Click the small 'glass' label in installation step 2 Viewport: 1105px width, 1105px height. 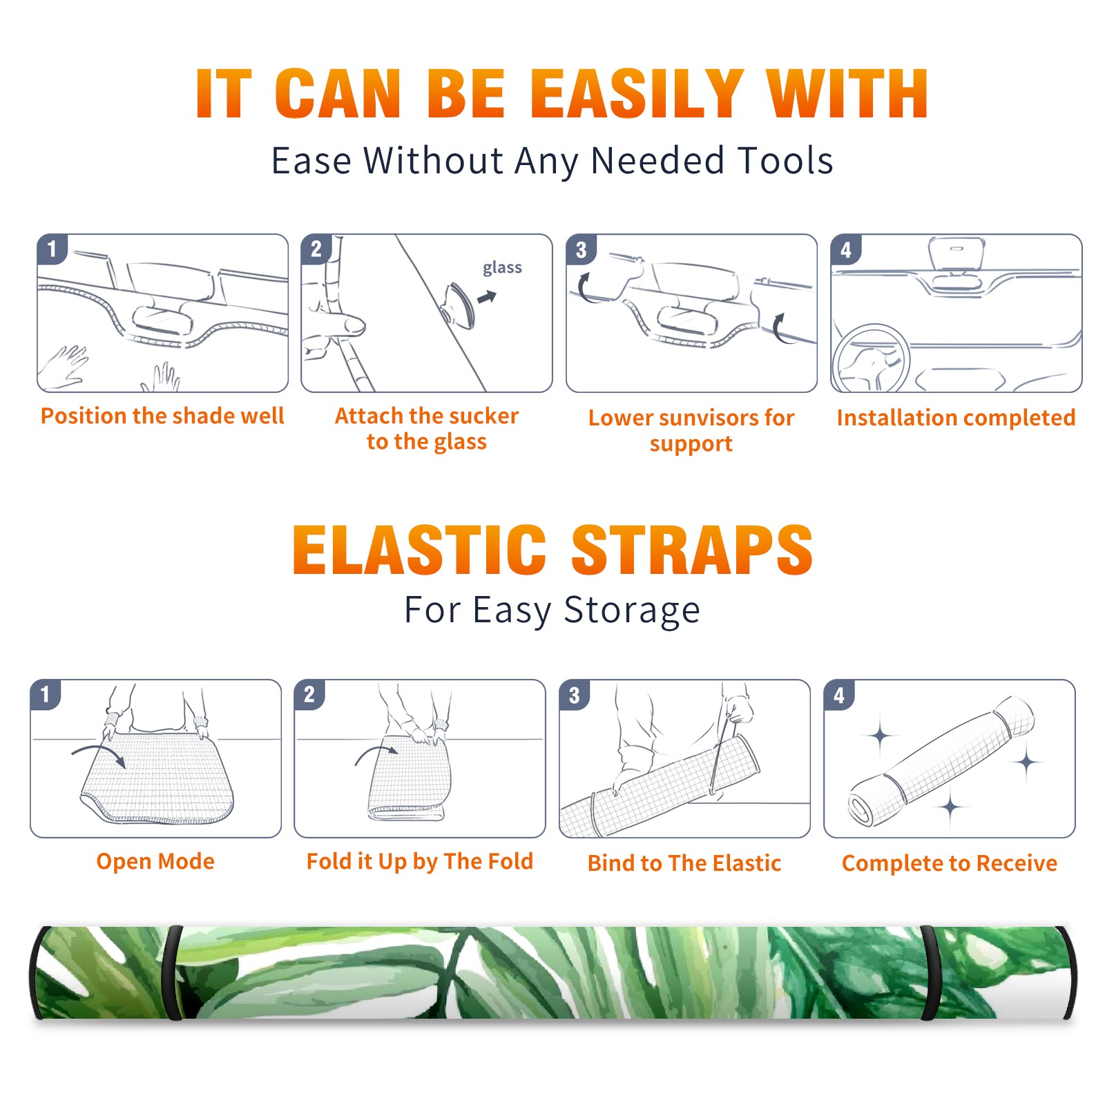pyautogui.click(x=502, y=268)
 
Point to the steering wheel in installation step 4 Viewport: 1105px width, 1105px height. pyautogui.click(x=870, y=358)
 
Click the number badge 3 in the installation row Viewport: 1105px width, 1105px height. pyautogui.click(x=581, y=249)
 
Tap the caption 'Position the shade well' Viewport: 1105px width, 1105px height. pyautogui.click(x=162, y=416)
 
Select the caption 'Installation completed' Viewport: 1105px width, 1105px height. pyautogui.click(x=956, y=418)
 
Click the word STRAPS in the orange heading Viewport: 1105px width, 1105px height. pyautogui.click(x=692, y=550)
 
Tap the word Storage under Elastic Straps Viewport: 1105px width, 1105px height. pyautogui.click(x=632, y=611)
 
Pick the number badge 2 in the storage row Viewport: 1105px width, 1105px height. pyautogui.click(x=309, y=695)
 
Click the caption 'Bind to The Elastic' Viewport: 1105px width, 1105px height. pyautogui.click(x=684, y=863)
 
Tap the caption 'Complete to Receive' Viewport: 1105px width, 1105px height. pyautogui.click(x=950, y=863)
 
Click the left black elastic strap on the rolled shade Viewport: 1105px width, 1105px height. pyautogui.click(x=173, y=972)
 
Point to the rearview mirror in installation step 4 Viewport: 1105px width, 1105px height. pyautogui.click(x=957, y=254)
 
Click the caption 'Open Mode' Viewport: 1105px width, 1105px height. pyautogui.click(x=155, y=862)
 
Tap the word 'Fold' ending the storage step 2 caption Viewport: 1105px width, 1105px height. pyautogui.click(x=510, y=861)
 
